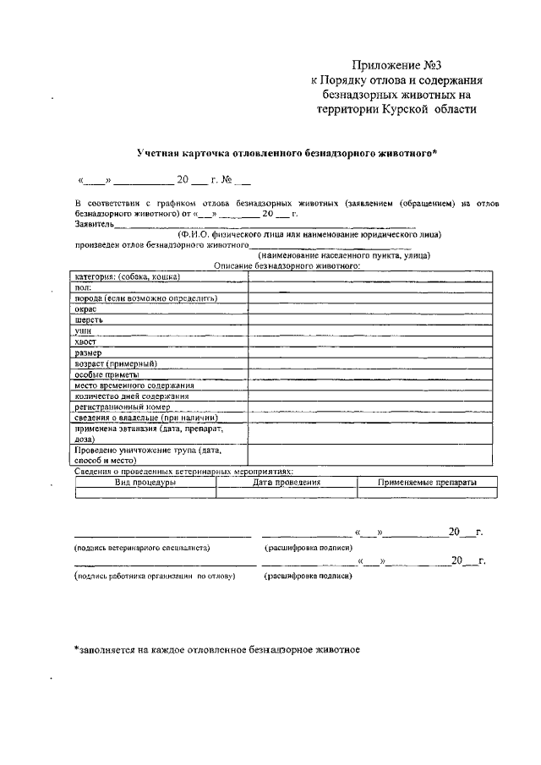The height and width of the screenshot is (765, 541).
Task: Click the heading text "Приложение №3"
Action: coord(396,64)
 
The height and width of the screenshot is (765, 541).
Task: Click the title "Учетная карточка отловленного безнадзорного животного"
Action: coord(287,153)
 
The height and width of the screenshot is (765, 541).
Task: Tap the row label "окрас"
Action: coord(85,309)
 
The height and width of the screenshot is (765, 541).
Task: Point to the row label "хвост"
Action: coord(86,342)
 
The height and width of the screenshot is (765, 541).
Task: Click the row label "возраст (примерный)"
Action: coord(116,363)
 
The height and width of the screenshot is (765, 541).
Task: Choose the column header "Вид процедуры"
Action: coord(145,482)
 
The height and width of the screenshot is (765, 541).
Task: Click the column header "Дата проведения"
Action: coord(287,482)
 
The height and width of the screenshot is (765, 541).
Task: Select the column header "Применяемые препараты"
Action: coord(427,482)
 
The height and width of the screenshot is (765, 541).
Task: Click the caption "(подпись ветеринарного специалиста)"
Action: coord(142,549)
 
